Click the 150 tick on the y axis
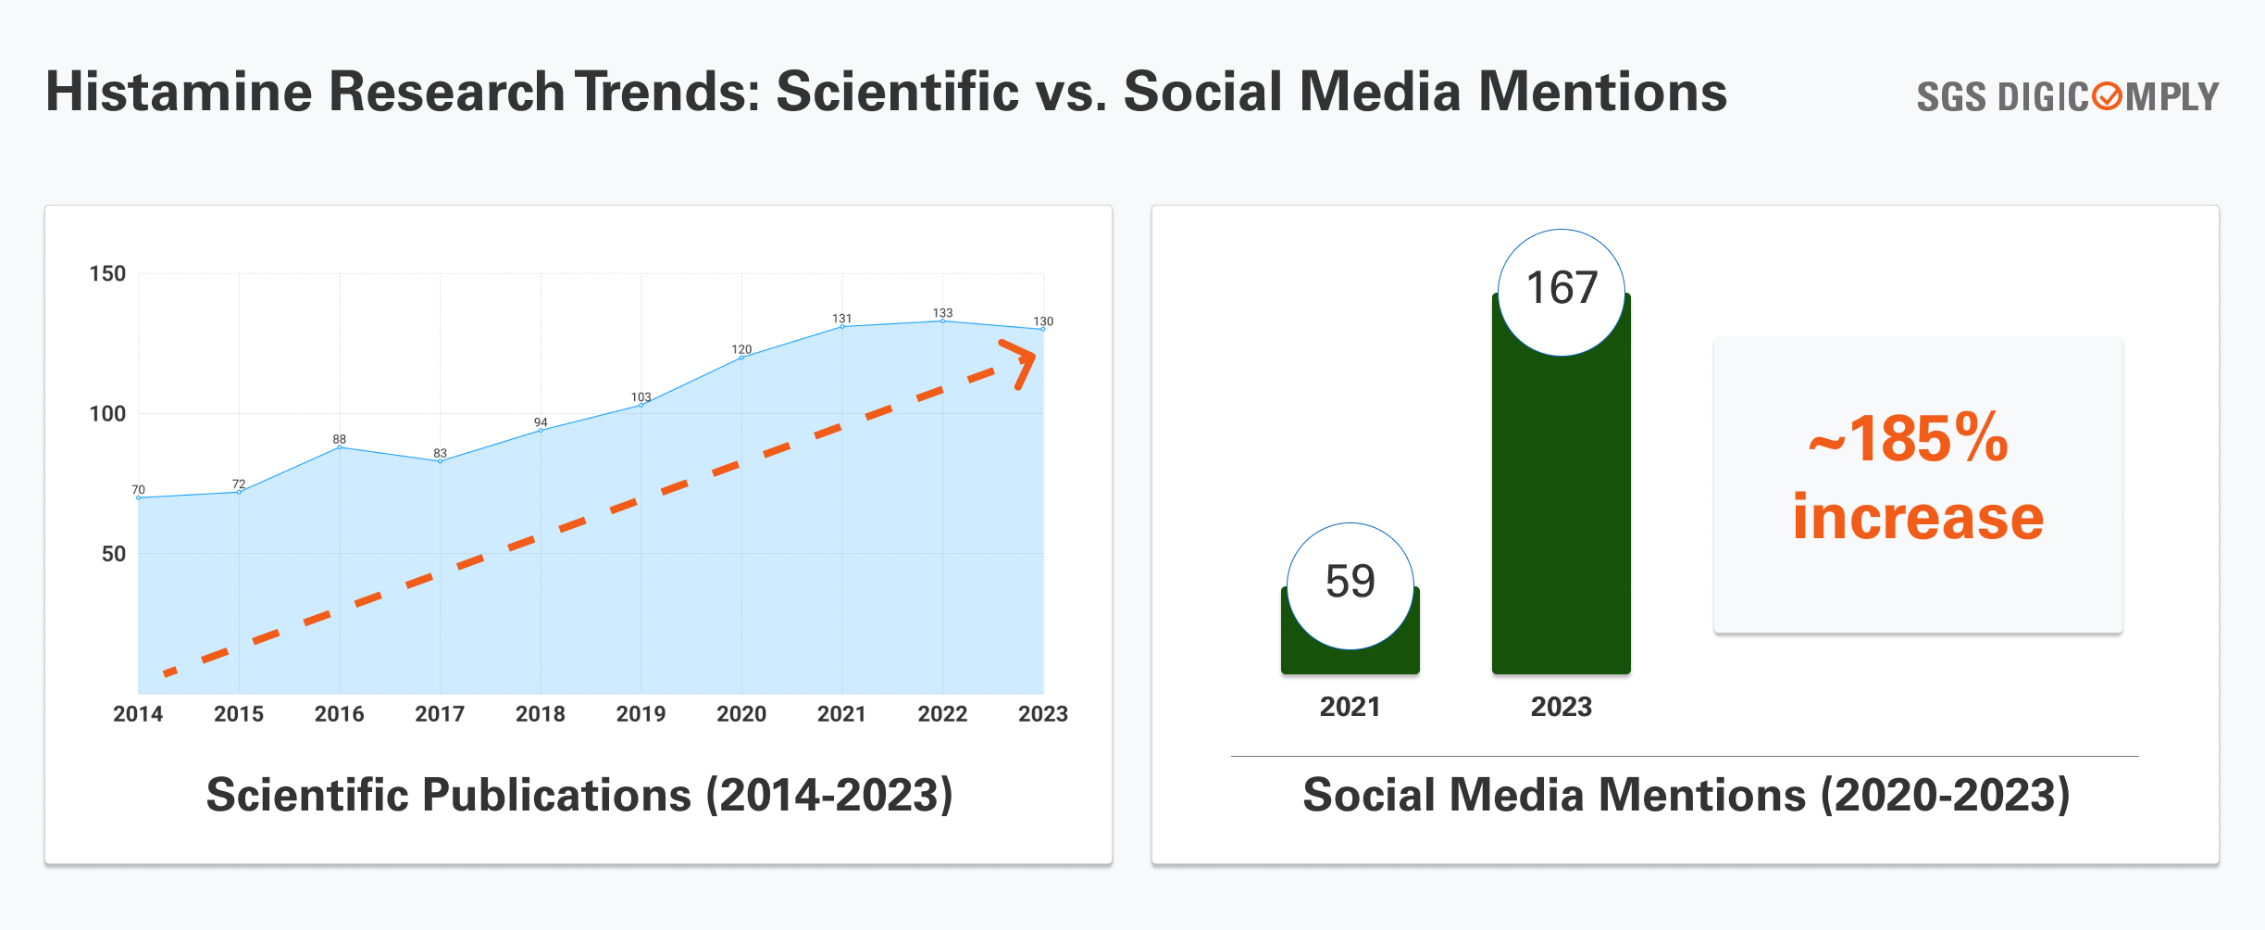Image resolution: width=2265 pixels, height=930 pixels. (107, 274)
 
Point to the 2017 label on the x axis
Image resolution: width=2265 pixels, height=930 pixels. (440, 714)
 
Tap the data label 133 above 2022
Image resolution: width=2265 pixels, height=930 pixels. (942, 313)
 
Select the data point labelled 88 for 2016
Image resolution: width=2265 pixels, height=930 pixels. (340, 447)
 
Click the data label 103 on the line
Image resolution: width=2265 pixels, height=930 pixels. (641, 397)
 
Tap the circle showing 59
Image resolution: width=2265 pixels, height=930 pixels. (1350, 583)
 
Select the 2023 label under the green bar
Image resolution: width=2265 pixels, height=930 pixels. (1562, 707)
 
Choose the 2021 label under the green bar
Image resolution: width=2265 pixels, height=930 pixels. (1350, 707)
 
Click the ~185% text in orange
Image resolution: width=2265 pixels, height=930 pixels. (1910, 439)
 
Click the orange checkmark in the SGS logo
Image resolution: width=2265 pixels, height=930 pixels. (2107, 96)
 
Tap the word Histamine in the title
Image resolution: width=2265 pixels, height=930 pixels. (180, 92)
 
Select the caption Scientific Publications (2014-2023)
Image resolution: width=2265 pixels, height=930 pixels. (579, 795)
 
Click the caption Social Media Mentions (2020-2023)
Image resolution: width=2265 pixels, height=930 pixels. (1686, 795)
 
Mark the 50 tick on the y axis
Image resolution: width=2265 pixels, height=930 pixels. (113, 554)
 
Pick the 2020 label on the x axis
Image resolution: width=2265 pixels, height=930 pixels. (741, 714)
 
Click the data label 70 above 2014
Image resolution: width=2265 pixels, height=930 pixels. (138, 490)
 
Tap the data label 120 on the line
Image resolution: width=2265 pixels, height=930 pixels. (741, 350)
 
